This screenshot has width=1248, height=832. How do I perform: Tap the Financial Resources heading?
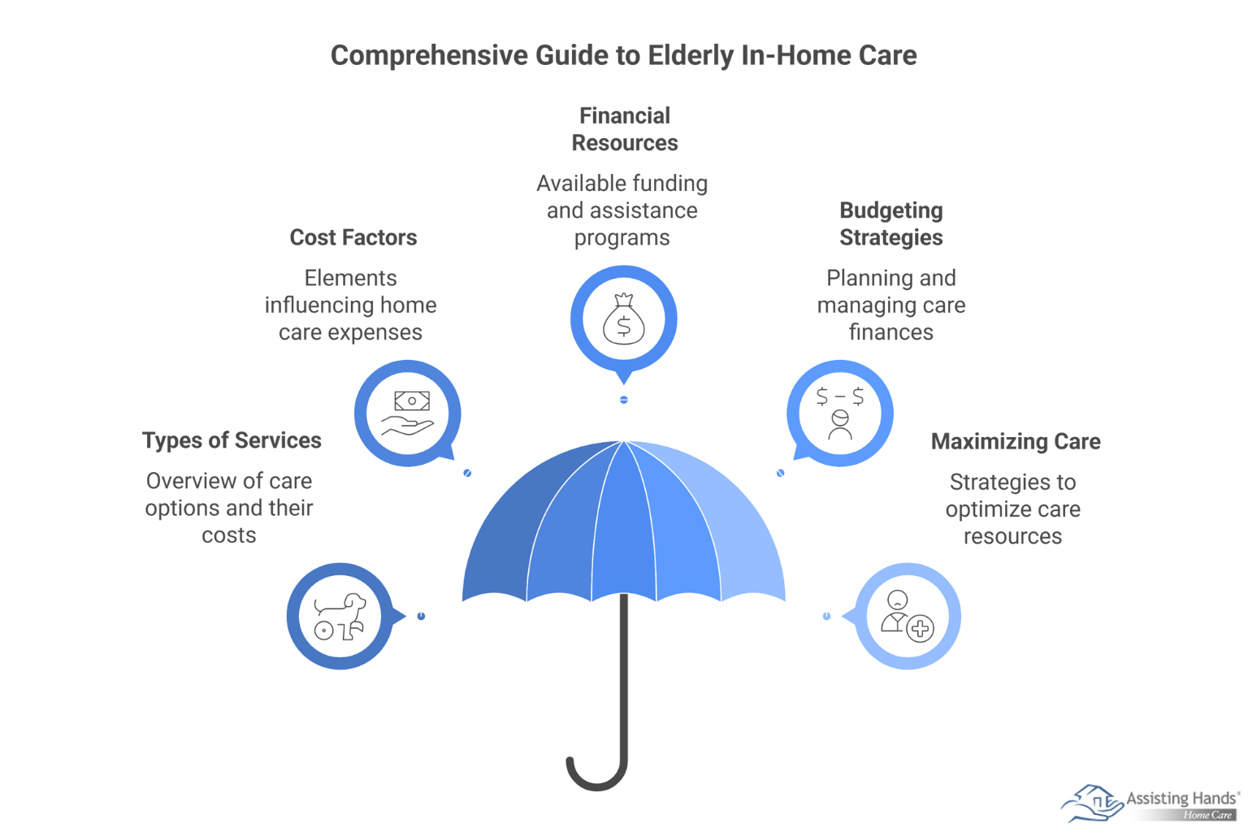625,129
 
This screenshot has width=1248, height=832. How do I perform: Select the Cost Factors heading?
353,237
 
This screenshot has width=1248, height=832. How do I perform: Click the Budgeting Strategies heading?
890,223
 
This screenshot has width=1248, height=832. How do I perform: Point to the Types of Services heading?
232,440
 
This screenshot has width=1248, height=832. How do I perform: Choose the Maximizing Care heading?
1016,441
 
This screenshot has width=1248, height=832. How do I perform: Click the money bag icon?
623,318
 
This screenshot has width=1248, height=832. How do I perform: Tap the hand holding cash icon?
408,413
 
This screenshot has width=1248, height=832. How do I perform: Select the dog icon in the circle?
340,617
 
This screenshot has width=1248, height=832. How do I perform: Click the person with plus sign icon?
908,617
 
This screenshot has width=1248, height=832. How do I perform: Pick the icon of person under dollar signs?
839,413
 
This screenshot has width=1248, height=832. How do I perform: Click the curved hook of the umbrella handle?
597,773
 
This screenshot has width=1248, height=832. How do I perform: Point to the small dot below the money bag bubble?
624,400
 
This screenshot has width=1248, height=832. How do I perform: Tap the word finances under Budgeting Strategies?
890,332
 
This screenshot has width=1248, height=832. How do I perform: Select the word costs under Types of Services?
229,535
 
